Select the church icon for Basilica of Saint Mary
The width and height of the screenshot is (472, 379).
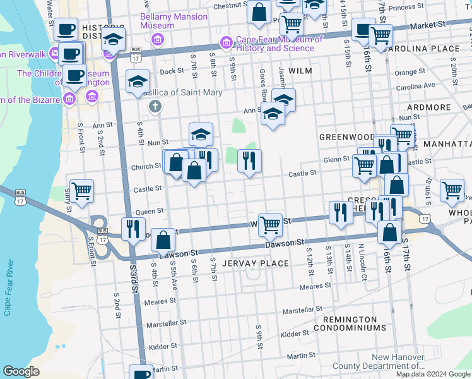[x=155, y=105]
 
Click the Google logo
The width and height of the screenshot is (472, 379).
[x=21, y=371]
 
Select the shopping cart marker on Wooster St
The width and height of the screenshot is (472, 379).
[x=270, y=224]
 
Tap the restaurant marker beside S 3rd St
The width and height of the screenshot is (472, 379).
[x=133, y=228]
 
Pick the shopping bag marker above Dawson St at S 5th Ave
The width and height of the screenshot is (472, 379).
[x=163, y=239]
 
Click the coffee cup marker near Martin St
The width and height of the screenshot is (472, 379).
[x=141, y=373]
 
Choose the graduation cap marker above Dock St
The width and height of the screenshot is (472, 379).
[x=138, y=81]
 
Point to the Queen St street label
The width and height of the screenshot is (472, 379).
[x=150, y=210]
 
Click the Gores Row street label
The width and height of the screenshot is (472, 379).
[x=260, y=85]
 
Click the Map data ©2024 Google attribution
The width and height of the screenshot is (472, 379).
[x=433, y=374]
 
